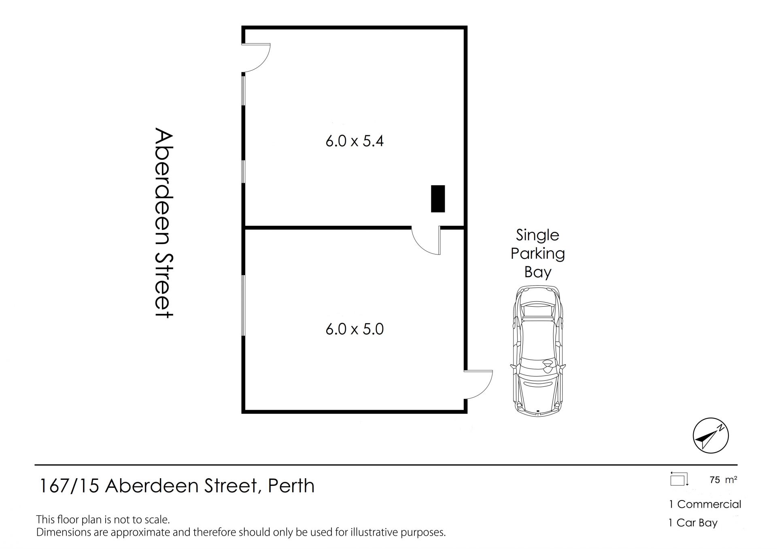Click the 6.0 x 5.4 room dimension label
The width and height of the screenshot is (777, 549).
(355, 141)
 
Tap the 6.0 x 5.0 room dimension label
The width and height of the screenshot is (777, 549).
(355, 329)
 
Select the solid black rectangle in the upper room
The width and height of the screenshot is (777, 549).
(438, 199)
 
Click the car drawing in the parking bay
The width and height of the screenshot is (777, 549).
(538, 350)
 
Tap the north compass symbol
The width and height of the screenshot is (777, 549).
(711, 436)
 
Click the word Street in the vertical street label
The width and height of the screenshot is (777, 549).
(164, 286)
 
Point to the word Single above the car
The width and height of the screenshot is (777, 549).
(537, 235)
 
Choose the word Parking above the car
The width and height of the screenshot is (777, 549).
(538, 254)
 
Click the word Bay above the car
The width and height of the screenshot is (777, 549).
(538, 272)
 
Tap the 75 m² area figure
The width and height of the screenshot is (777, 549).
(723, 480)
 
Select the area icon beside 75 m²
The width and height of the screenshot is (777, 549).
(679, 479)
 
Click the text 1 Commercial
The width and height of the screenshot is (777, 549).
(705, 504)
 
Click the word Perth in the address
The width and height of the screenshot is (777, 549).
(291, 486)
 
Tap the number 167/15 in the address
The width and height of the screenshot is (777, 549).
(69, 486)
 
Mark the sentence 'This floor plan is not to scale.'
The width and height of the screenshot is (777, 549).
(103, 519)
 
